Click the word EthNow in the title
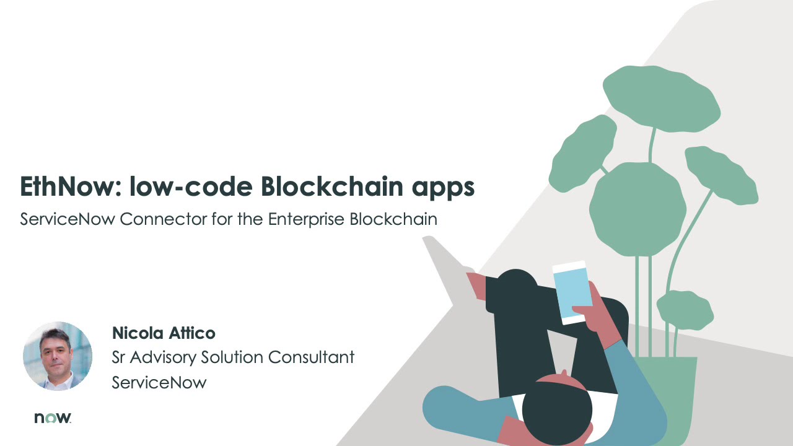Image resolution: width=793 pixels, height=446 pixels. [69, 186]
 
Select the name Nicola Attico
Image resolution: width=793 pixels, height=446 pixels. [164, 333]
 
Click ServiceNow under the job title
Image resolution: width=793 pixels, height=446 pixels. [159, 382]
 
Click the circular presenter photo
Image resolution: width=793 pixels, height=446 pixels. [58, 356]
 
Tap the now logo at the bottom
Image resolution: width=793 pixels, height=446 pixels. [53, 418]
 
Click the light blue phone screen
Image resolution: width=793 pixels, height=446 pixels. [571, 292]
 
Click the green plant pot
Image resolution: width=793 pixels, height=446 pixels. [672, 396]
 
